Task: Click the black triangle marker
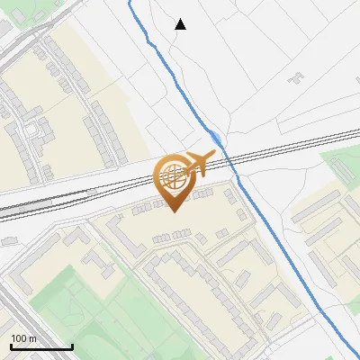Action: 181,24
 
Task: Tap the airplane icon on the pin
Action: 197,163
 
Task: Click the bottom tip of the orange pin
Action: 174,211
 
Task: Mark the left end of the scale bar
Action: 10,347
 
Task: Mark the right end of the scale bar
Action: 72,347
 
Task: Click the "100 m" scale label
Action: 24,339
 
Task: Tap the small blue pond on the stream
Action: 217,139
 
